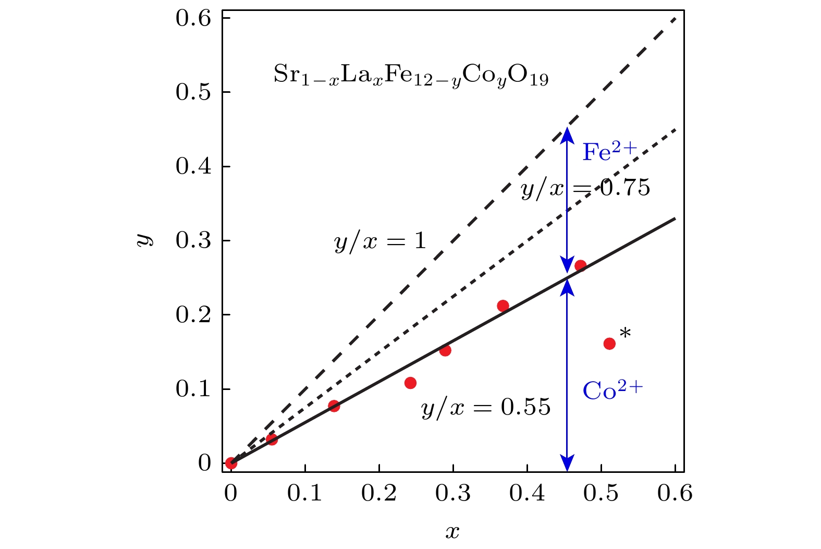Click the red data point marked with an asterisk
[609, 344]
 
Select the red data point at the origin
[231, 462]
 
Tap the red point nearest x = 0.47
[580, 265]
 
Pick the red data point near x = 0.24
[410, 383]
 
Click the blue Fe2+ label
[609, 152]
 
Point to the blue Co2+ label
[612, 391]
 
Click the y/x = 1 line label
[380, 241]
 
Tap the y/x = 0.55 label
[486, 407]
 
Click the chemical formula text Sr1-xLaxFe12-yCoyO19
[411, 76]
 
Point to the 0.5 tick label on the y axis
[193, 93]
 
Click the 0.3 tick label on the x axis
[454, 493]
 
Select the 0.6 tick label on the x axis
[675, 493]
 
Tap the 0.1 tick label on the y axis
[193, 389]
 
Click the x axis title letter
[452, 532]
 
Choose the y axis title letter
[145, 240]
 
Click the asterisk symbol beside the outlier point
[625, 333]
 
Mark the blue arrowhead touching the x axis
[567, 462]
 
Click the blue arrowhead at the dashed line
[567, 135]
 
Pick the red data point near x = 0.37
[503, 306]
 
